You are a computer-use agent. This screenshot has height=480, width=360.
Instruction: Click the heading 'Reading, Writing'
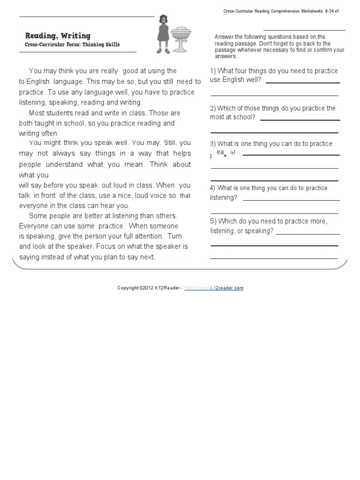tap(58, 36)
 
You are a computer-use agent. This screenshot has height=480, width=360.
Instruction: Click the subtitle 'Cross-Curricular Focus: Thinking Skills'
tap(72, 45)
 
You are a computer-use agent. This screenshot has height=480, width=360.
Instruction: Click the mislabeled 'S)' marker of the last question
tap(213, 221)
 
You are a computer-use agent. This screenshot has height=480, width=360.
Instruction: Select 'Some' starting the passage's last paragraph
tap(37, 216)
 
